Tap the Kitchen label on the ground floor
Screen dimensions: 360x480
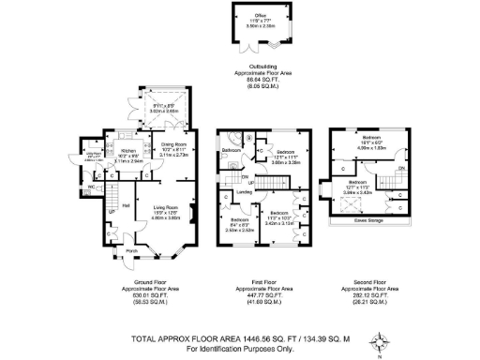pos(130,150)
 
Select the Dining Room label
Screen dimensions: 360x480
pos(172,143)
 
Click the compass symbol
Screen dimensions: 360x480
pos(379,338)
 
